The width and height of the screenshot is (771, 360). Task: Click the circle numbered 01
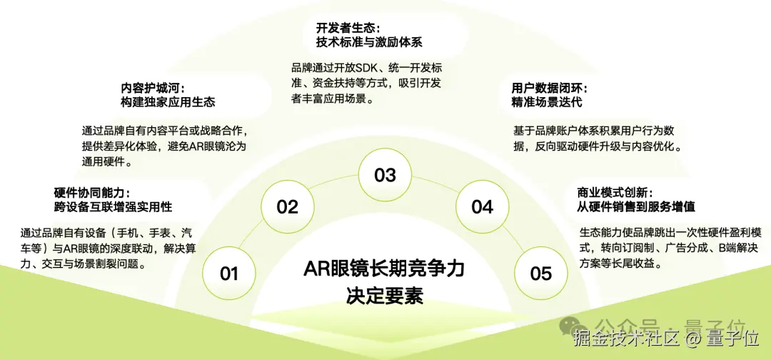click(229, 273)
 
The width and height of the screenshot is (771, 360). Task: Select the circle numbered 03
click(385, 174)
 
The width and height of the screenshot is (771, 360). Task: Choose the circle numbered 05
click(541, 273)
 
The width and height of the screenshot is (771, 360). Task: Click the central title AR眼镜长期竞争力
click(384, 269)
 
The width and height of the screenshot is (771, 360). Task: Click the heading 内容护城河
click(153, 88)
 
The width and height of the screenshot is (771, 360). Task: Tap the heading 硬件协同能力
click(91, 192)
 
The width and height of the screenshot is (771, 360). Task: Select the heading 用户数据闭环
click(549, 89)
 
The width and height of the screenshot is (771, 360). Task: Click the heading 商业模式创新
click(615, 192)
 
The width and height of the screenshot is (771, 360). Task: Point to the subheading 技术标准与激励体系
click(369, 42)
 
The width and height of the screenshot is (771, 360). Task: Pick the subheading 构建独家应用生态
click(168, 103)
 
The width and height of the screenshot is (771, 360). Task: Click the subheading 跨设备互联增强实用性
click(113, 207)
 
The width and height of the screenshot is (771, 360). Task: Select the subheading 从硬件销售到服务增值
click(636, 207)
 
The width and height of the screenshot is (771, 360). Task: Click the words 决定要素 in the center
click(385, 296)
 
